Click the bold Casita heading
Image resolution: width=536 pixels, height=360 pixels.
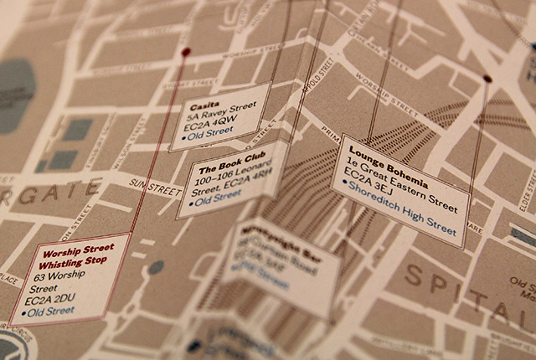pos(200,107)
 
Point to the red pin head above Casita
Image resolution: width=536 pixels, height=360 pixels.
pos(186,52)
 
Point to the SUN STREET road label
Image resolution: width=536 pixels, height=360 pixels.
pos(157,183)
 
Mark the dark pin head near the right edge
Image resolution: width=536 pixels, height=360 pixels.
pos(487,79)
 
